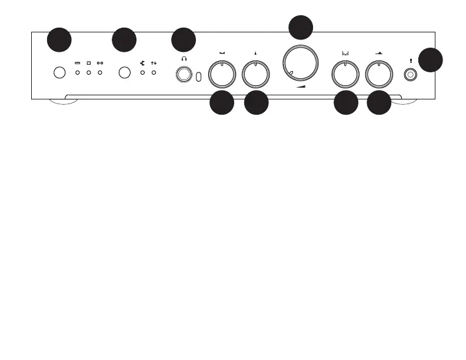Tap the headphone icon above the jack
185,59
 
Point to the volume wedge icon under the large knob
301,86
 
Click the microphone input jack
410,75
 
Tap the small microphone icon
410,59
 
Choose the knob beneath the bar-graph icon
345,74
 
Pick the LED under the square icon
89,73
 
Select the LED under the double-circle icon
100,73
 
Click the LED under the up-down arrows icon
154,73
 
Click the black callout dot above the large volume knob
301,27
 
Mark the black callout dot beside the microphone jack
431,60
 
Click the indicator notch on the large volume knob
290,73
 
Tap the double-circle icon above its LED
100,62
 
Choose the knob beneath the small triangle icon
256,74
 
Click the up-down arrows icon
154,62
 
